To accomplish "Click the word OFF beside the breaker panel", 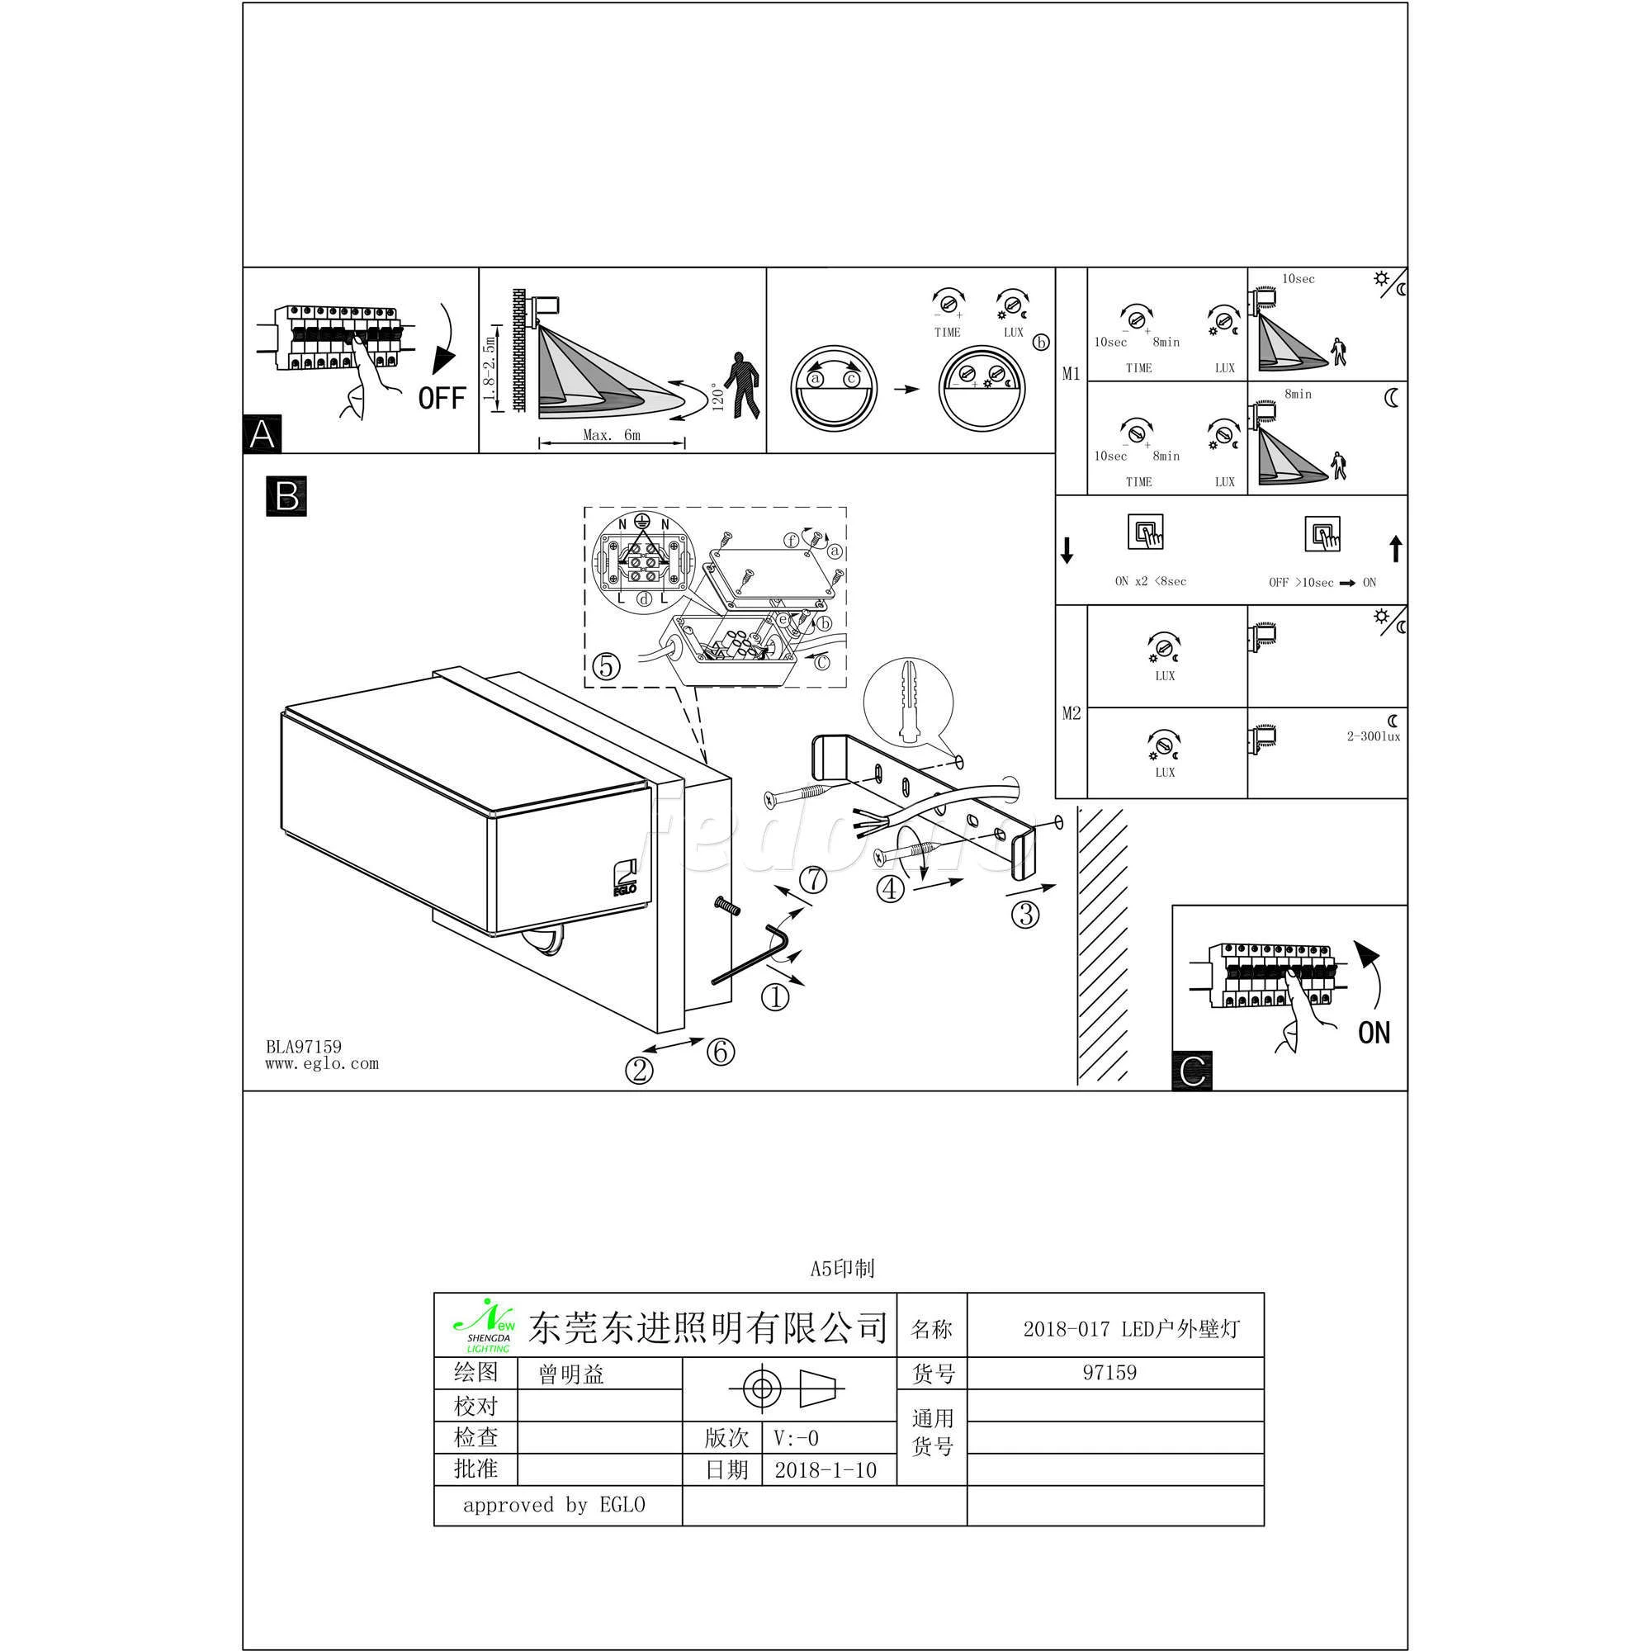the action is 442,398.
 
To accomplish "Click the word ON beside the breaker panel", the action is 1374,1033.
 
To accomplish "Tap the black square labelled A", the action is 263,434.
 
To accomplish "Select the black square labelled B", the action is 286,496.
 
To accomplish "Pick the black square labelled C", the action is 1192,1071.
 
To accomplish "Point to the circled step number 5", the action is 606,665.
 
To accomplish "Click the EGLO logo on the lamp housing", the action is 626,876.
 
